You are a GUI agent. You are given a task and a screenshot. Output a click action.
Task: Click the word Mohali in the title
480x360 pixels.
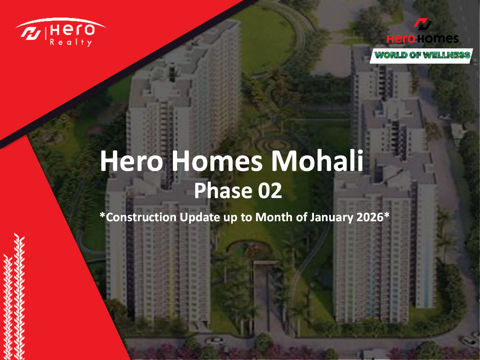click(x=317, y=161)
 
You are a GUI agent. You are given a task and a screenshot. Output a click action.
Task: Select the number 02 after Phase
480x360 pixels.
click(x=270, y=191)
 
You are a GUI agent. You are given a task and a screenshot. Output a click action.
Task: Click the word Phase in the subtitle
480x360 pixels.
click(x=223, y=191)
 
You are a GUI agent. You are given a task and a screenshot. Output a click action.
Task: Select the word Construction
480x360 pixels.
click(x=141, y=217)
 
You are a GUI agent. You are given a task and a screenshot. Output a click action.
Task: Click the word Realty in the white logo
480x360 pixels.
click(x=71, y=42)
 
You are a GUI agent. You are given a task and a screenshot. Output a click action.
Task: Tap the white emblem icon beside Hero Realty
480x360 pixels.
click(x=31, y=34)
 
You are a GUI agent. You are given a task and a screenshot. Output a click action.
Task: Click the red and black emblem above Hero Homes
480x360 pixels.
click(x=422, y=24)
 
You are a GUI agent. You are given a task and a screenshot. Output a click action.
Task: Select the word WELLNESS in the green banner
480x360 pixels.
click(x=446, y=55)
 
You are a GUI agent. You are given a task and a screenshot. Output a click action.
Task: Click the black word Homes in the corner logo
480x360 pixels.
click(x=437, y=39)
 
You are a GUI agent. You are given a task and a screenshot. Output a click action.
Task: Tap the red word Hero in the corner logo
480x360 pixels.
click(x=401, y=39)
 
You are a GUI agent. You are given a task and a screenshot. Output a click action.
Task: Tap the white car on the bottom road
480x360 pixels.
click(x=215, y=340)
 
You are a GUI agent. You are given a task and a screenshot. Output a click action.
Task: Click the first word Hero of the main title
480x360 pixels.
click(x=132, y=161)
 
